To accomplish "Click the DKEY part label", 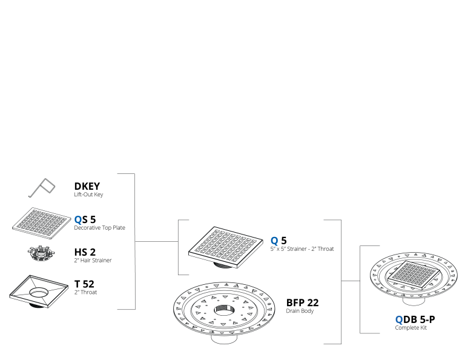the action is [x=87, y=186].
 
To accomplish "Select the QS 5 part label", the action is [x=85, y=219].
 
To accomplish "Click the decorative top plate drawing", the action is [x=42, y=223].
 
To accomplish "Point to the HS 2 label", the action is [x=85, y=252].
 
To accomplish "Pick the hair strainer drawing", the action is [x=42, y=253].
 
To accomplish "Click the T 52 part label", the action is [x=84, y=284].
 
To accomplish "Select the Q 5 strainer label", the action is [x=279, y=241].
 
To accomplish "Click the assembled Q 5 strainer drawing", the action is [x=226, y=247].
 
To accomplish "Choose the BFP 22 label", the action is [x=302, y=302].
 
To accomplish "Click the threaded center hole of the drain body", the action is [x=224, y=310].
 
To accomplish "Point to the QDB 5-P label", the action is [x=415, y=319].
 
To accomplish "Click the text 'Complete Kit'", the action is [x=411, y=328].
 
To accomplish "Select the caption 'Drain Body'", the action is [x=300, y=311].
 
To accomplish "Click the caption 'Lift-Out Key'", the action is [x=88, y=195].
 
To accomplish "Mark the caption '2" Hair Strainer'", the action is [x=93, y=260].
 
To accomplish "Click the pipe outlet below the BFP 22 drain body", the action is [x=224, y=339].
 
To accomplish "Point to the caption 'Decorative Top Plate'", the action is [x=100, y=228].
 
